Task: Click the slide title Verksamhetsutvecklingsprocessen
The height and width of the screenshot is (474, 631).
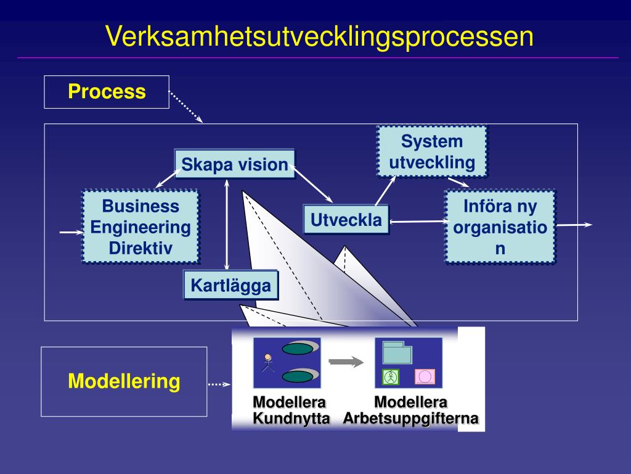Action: pyautogui.click(x=320, y=36)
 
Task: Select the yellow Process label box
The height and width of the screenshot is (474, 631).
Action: pyautogui.click(x=107, y=92)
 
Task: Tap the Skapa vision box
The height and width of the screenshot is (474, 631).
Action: pyautogui.click(x=235, y=164)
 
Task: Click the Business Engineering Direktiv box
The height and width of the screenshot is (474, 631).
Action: pyautogui.click(x=140, y=227)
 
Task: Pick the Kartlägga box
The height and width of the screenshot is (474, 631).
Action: pyautogui.click(x=230, y=285)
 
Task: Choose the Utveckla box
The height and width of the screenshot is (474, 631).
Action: pyautogui.click(x=346, y=220)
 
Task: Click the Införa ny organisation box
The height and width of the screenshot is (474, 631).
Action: pyautogui.click(x=500, y=227)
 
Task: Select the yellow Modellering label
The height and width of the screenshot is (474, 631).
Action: pyautogui.click(x=124, y=381)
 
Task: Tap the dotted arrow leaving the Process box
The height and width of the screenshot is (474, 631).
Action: pyautogui.click(x=185, y=107)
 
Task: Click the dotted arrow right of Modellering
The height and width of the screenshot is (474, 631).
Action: pyautogui.click(x=219, y=384)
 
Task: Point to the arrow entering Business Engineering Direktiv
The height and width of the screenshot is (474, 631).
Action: pyautogui.click(x=71, y=232)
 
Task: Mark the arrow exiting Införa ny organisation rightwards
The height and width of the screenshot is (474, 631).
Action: pyautogui.click(x=574, y=225)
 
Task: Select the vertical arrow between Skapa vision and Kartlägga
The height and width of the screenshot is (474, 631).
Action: pyautogui.click(x=227, y=225)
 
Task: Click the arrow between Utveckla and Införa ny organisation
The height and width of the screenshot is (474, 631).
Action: pyautogui.click(x=419, y=222)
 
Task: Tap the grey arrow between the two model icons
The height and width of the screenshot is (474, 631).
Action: pyautogui.click(x=346, y=362)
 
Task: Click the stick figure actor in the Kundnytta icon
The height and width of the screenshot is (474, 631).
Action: pyautogui.click(x=267, y=363)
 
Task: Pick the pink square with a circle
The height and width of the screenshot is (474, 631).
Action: pyautogui.click(x=425, y=377)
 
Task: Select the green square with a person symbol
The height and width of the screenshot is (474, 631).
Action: pyautogui.click(x=390, y=377)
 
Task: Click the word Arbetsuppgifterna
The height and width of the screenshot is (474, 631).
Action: pyautogui.click(x=410, y=418)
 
